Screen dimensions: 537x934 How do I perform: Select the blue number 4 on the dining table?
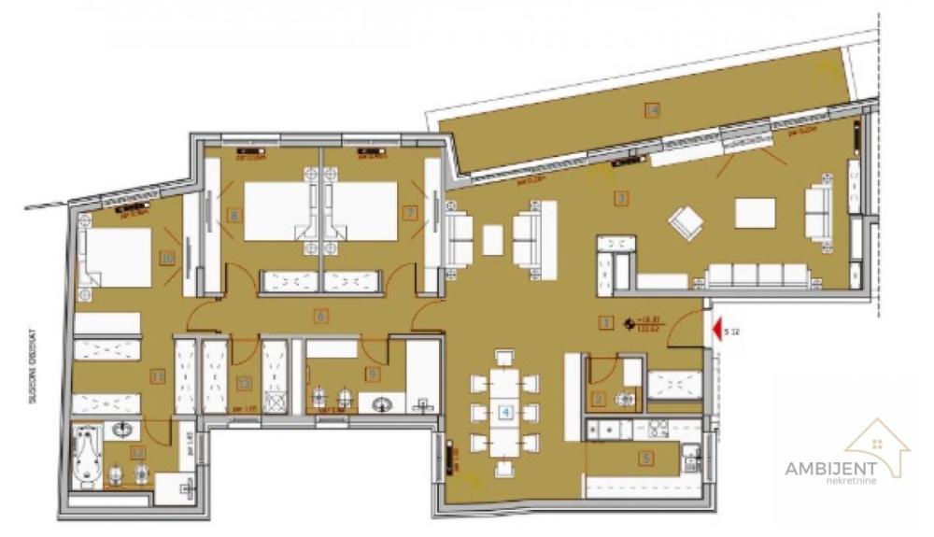[505, 409]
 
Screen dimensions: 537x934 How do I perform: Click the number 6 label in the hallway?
[320, 317]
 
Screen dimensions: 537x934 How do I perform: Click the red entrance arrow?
[715, 329]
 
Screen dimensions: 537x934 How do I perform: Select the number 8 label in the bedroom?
[233, 215]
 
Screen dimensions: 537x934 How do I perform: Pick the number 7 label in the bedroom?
[408, 213]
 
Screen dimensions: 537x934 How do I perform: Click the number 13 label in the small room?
[244, 381]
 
